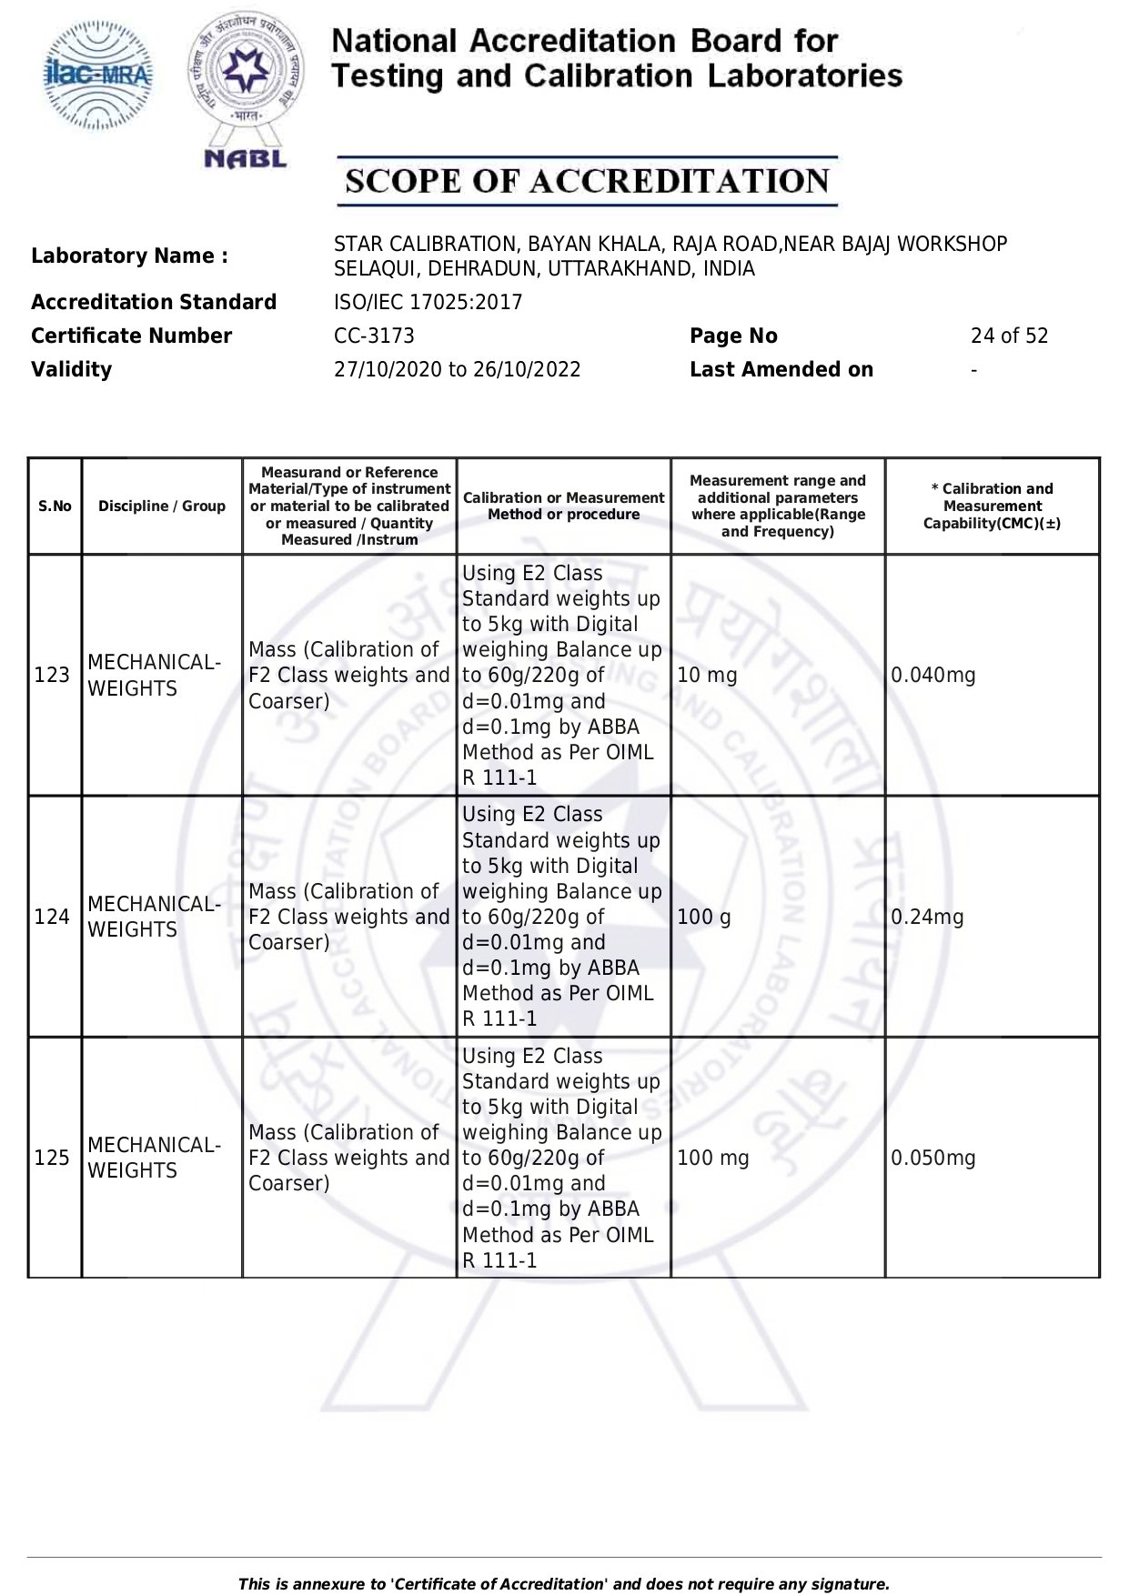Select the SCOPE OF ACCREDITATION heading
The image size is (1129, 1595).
pos(587,181)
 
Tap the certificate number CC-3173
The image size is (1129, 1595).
pos(374,336)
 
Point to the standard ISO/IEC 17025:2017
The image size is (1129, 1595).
pos(428,302)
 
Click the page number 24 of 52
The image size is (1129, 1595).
pos(1009,336)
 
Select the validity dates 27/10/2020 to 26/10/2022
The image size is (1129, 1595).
pos(457,369)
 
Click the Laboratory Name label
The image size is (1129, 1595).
pos(129,256)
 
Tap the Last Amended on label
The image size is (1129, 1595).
pos(781,369)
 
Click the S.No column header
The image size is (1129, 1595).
pos(55,507)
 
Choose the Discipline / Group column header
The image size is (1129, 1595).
pos(162,507)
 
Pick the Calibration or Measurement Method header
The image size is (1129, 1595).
pos(563,507)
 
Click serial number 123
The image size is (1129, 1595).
pos(52,675)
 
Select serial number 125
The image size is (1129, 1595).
pos(52,1158)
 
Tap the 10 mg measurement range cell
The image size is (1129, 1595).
pos(707,675)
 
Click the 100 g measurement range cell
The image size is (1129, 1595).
pos(703,917)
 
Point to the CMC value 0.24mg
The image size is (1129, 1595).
pos(927,917)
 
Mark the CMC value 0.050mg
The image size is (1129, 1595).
pos(932,1158)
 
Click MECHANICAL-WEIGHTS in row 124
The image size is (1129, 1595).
pos(154,917)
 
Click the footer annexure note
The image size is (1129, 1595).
pos(563,1584)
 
